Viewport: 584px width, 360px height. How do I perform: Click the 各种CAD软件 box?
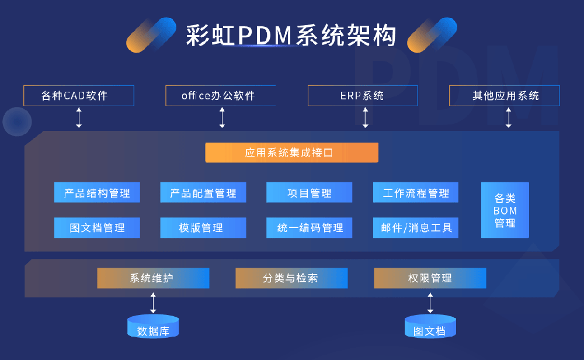click(79, 96)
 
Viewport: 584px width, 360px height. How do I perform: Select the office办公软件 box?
click(220, 96)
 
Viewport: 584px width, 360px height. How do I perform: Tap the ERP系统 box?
click(363, 96)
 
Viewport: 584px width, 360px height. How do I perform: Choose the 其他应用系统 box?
click(505, 96)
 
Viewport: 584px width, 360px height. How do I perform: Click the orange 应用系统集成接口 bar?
click(291, 153)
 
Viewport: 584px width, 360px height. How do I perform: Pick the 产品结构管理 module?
click(97, 193)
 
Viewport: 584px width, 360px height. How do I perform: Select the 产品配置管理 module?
click(203, 193)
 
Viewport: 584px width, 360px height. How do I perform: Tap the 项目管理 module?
click(310, 193)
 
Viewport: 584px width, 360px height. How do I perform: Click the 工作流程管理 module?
click(416, 193)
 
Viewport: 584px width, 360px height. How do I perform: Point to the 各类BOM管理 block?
click(505, 210)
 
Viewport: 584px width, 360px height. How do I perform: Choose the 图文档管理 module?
click(97, 228)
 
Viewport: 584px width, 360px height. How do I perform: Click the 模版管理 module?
click(203, 228)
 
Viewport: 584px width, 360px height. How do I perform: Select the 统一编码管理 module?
click(310, 228)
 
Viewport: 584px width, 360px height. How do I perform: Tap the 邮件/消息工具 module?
click(416, 228)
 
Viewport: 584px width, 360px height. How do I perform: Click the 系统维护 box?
click(153, 278)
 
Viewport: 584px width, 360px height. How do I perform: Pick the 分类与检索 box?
click(291, 278)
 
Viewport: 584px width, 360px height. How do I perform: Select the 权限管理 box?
click(430, 278)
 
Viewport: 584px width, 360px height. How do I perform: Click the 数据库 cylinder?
click(153, 327)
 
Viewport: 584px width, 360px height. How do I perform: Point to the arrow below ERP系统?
click(366, 117)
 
